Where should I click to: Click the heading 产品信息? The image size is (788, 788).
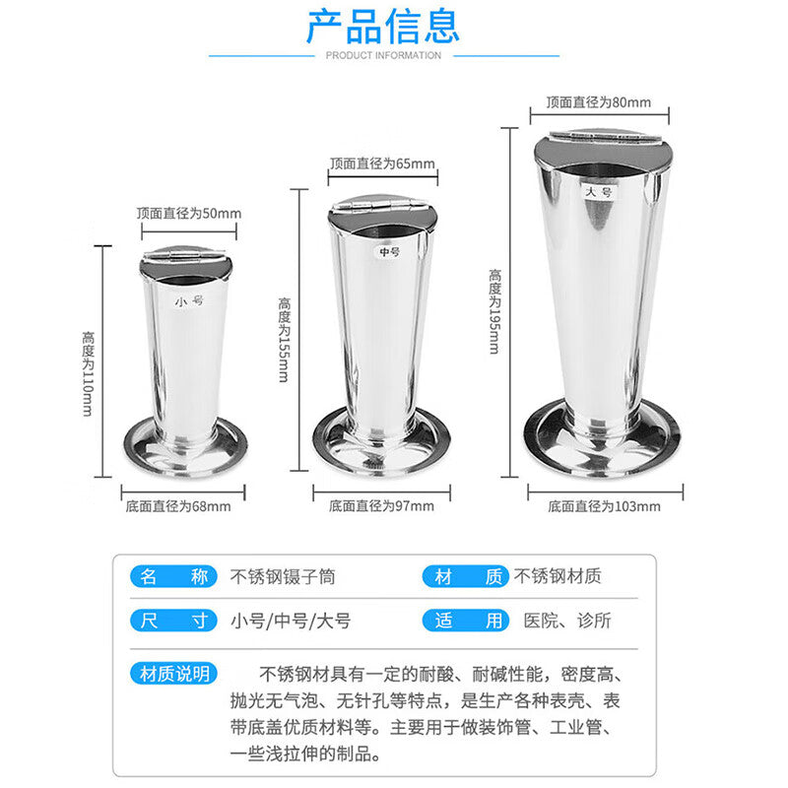[x=383, y=26]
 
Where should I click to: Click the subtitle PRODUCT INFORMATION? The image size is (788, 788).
[x=383, y=55]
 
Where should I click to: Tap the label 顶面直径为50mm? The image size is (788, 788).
[x=189, y=213]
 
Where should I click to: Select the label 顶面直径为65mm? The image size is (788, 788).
[x=382, y=164]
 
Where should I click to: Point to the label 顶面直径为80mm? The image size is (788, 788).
[x=599, y=102]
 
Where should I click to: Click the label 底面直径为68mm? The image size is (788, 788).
[x=178, y=506]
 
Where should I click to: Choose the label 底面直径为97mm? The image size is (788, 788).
[x=381, y=506]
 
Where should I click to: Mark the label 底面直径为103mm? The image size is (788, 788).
[x=604, y=506]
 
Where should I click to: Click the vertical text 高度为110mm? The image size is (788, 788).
[x=88, y=373]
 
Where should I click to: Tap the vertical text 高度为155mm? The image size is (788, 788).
[x=285, y=340]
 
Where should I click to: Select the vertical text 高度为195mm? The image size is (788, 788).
[x=494, y=311]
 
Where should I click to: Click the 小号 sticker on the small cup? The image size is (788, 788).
[x=189, y=301]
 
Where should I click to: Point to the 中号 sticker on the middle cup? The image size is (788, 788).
[x=389, y=251]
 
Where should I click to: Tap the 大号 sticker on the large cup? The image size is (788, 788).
[x=599, y=191]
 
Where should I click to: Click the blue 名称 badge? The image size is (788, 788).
[x=174, y=576]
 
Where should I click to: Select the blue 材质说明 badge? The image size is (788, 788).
[x=174, y=674]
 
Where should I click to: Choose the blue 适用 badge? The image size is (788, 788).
[x=466, y=621]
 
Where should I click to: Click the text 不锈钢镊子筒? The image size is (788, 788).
[x=283, y=576]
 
